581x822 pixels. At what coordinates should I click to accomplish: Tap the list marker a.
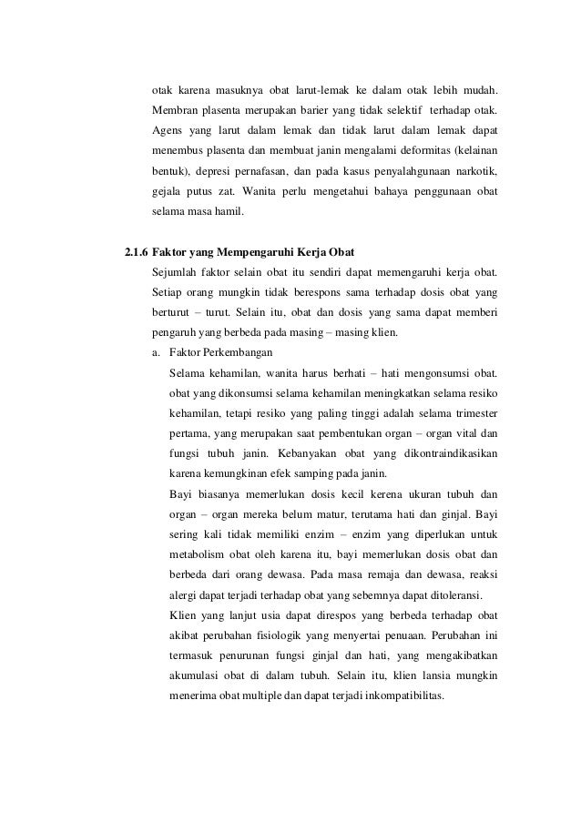tap(157, 352)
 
